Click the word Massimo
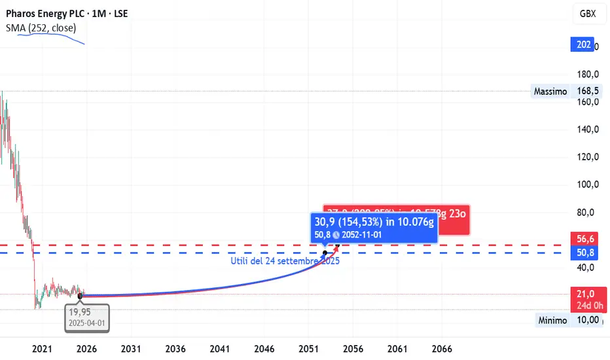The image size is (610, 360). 550,92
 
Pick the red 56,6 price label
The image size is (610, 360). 584,239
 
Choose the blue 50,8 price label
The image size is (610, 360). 584,253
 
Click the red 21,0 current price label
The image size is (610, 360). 584,293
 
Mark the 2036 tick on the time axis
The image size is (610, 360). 175,350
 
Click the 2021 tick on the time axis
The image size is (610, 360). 42,350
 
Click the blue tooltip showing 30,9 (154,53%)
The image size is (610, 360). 374,228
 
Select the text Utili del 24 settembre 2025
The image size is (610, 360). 285,261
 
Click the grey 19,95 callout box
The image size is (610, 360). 83,316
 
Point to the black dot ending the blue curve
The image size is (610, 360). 325,252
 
